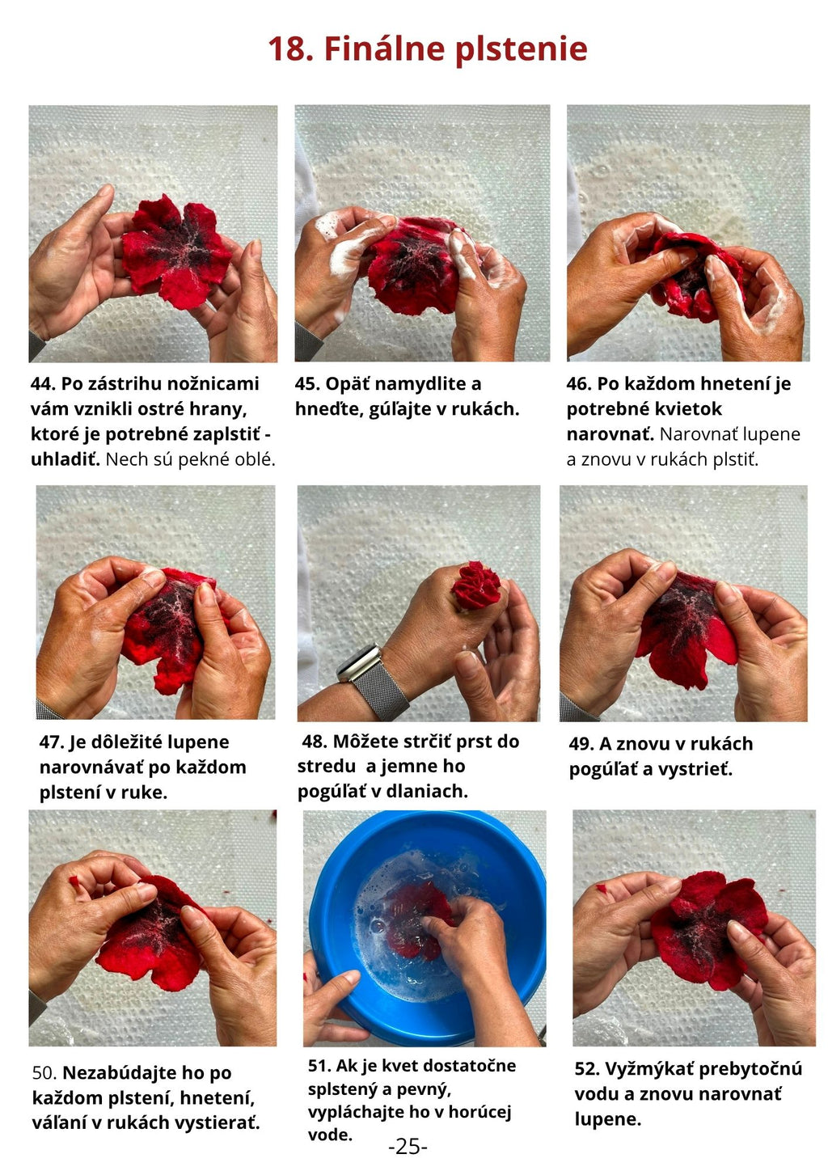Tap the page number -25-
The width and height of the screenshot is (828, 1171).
click(x=408, y=1147)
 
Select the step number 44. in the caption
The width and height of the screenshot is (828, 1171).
click(x=43, y=383)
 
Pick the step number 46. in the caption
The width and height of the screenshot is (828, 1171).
click(x=579, y=383)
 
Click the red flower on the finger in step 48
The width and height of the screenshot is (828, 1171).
click(x=475, y=585)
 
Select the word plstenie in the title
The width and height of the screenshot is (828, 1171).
click(x=522, y=50)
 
